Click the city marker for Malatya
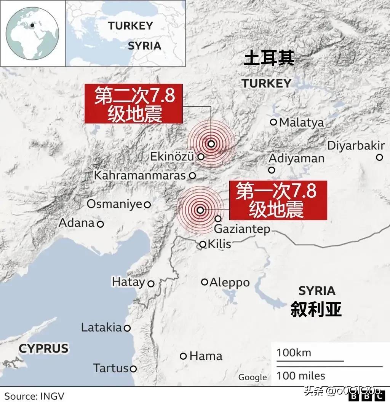coord(273,122)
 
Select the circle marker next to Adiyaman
coord(272,170)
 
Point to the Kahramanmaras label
coord(139,176)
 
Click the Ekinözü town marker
coord(201,156)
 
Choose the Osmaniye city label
coord(114,204)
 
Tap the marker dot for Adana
coord(101,224)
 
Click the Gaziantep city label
coord(242,229)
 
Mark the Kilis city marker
coord(203,245)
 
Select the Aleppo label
coord(230,283)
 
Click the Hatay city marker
coord(151,284)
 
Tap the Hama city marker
coord(184,356)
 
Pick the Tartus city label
coord(111,368)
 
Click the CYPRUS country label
coord(43,348)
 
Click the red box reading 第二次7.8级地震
coord(134,104)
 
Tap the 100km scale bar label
coord(294,353)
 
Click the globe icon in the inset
coord(33,33)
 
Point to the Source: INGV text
coord(34,396)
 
